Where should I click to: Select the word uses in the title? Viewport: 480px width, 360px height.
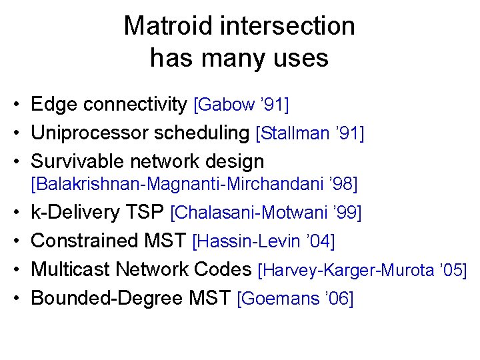(x=301, y=58)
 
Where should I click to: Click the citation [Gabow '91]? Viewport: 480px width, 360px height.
(x=241, y=105)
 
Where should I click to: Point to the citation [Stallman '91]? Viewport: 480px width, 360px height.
(x=310, y=134)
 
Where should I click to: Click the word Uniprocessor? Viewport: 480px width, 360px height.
(x=90, y=133)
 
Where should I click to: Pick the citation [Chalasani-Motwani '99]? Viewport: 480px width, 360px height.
(x=266, y=213)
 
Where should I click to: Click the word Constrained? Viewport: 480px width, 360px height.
(x=85, y=241)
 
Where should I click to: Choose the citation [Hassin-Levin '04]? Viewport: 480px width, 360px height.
(x=263, y=241)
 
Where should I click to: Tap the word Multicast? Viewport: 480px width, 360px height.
(x=71, y=269)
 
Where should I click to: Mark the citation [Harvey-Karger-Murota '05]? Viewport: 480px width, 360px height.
(x=362, y=270)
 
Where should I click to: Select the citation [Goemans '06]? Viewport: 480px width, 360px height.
(x=295, y=299)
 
